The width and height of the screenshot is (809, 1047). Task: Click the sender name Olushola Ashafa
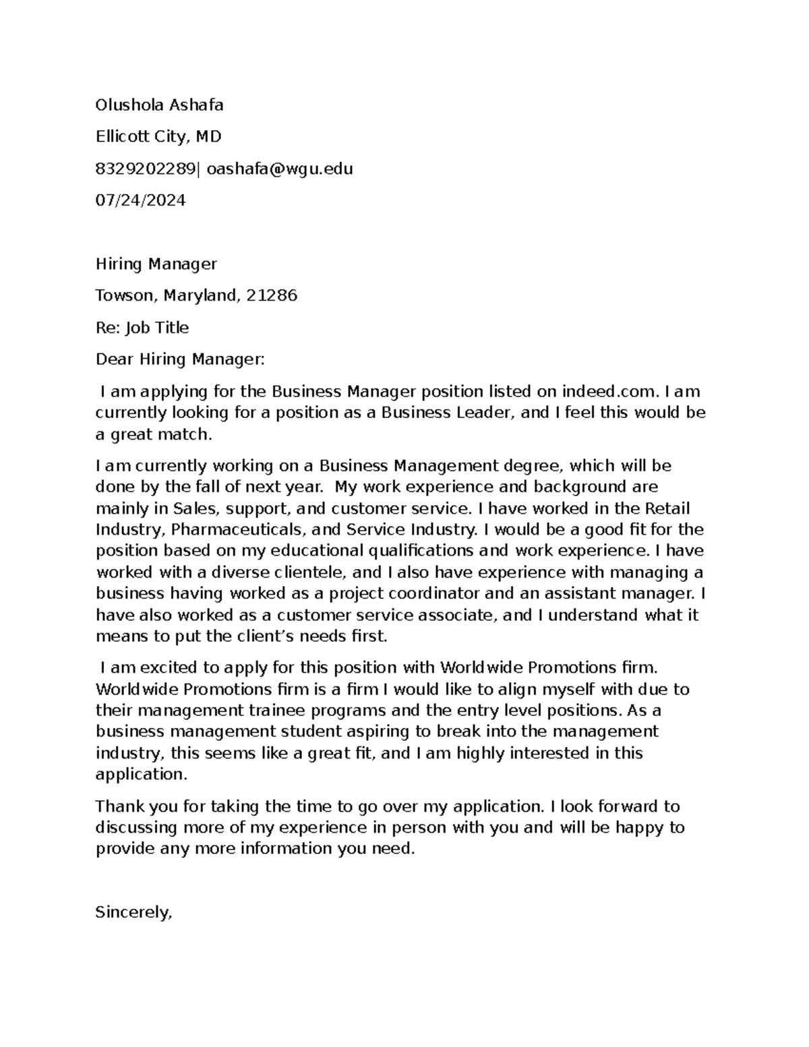pos(159,105)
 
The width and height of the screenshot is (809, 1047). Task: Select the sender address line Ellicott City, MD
pos(158,137)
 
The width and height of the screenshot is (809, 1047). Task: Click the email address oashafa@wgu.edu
pos(280,169)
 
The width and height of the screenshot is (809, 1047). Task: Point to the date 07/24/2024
pos(140,200)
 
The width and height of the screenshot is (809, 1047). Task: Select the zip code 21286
pos(272,295)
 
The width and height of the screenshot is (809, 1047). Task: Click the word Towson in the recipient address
pos(122,295)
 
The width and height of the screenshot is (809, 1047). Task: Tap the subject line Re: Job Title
pos(142,328)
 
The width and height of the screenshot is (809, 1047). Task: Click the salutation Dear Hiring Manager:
pos(181,359)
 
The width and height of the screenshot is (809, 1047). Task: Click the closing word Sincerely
pos(133,913)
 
